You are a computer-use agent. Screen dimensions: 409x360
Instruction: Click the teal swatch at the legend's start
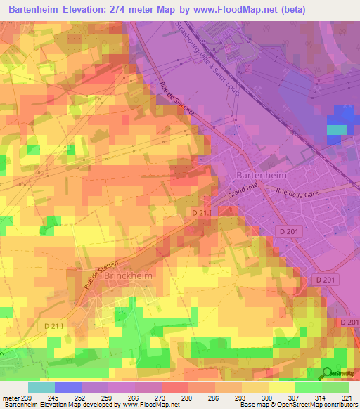[41, 387]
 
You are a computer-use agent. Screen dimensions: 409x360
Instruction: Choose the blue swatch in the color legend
[68, 387]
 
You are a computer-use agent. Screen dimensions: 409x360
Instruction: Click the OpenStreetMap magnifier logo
[328, 373]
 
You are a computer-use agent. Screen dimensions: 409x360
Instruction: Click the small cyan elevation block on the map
[337, 129]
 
